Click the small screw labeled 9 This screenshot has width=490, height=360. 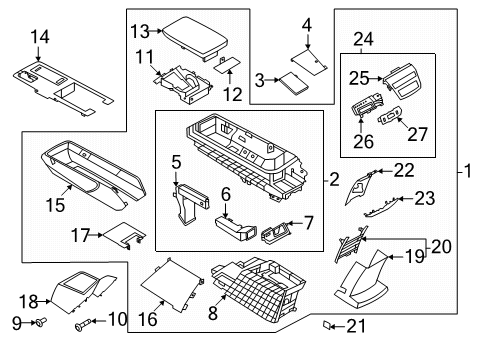[x=41, y=323]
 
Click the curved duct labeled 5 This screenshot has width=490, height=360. [x=188, y=205]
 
